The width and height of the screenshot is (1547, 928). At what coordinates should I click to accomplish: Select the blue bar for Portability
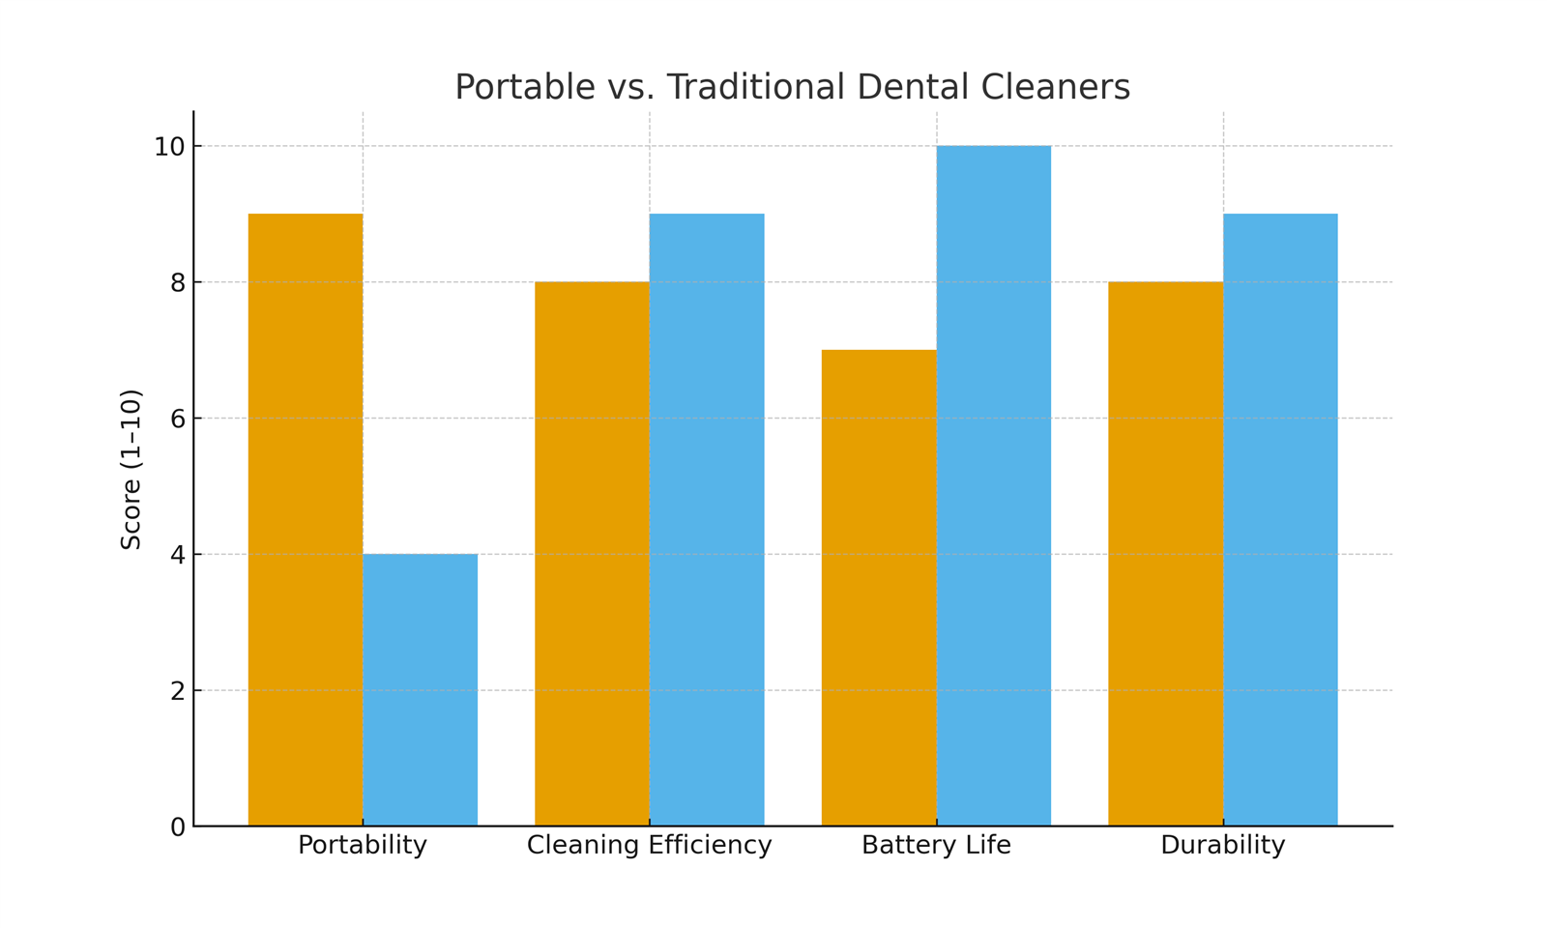tap(420, 690)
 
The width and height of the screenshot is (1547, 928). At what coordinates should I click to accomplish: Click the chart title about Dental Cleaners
tap(792, 87)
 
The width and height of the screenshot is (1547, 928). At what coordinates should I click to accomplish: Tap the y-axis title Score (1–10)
tap(131, 470)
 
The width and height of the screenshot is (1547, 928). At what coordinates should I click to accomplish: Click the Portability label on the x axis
tap(363, 846)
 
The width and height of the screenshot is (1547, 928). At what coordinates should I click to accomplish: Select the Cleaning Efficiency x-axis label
tap(650, 846)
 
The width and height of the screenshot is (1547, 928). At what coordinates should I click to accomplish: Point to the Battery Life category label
tap(936, 846)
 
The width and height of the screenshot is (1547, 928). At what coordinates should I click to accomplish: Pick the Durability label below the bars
tap(1223, 846)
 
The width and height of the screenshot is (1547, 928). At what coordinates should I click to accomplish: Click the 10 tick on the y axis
tap(169, 147)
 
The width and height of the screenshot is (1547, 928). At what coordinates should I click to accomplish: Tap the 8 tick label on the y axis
tap(177, 283)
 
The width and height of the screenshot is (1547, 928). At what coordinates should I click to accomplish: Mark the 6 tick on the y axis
tap(177, 419)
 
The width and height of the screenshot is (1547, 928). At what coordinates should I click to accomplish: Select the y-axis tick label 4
tap(177, 555)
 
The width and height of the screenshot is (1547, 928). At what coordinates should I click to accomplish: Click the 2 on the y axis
tap(177, 691)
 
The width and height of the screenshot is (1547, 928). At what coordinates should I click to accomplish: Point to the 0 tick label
tap(177, 827)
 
